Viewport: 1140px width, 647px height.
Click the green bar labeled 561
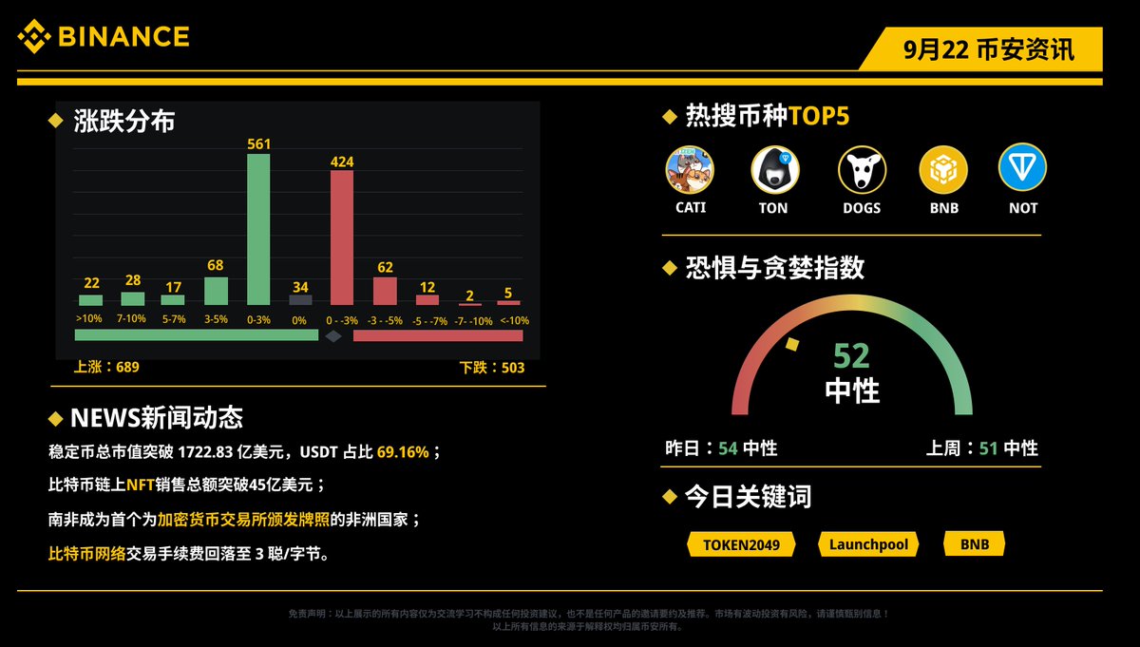point(258,229)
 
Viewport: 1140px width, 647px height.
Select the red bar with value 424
point(342,238)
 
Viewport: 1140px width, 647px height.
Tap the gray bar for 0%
point(300,299)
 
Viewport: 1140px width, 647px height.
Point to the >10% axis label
point(89,320)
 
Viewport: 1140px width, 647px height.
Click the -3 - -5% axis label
point(385,320)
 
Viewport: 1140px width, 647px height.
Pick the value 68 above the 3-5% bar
point(217,266)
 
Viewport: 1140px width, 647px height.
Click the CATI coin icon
point(690,170)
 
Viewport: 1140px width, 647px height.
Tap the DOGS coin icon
point(862,170)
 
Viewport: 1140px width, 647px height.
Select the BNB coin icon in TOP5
point(942,170)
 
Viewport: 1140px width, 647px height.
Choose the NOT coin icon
point(1022,168)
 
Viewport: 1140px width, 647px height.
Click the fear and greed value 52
point(851,356)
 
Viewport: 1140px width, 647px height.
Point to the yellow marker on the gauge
point(791,345)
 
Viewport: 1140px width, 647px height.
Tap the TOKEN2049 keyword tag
point(740,544)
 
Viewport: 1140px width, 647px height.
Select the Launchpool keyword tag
point(868,544)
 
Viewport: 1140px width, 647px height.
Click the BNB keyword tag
point(975,544)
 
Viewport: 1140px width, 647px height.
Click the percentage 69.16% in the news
point(402,452)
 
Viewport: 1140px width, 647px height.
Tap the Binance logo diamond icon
point(35,37)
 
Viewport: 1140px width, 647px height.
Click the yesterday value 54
point(728,447)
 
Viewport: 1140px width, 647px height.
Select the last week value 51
point(988,447)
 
